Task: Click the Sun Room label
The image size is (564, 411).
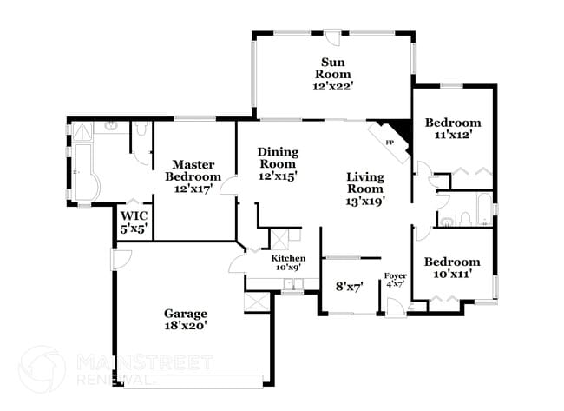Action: [x=332, y=68]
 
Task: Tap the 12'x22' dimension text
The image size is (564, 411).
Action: [x=331, y=86]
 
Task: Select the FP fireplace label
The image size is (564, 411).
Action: [x=390, y=143]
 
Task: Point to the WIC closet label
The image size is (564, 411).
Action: [x=134, y=216]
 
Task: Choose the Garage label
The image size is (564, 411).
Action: [x=186, y=314]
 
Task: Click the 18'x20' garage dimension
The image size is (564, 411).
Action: [x=186, y=326]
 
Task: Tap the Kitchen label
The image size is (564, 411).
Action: [x=288, y=258]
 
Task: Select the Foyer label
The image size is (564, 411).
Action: [x=396, y=276]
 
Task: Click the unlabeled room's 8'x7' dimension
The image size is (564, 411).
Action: [x=350, y=287]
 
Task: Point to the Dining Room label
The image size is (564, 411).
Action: [x=278, y=158]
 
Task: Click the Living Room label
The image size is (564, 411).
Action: [x=365, y=182]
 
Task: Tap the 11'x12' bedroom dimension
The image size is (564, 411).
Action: [x=453, y=135]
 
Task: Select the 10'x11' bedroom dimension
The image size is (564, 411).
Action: [x=452, y=274]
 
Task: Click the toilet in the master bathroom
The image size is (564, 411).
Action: [x=141, y=128]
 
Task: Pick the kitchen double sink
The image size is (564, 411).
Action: [x=293, y=284]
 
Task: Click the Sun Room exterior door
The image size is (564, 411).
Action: [x=331, y=36]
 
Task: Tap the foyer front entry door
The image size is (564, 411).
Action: [x=396, y=308]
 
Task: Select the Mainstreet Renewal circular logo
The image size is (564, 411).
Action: [x=43, y=368]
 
